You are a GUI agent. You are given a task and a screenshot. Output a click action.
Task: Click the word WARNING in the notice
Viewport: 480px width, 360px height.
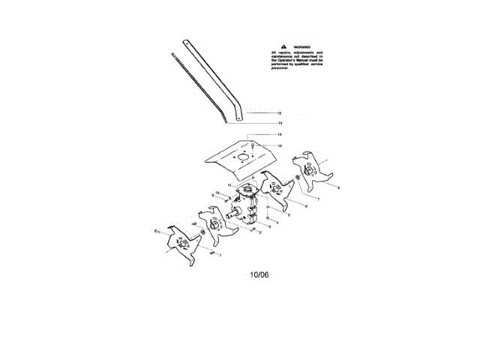pyautogui.click(x=301, y=46)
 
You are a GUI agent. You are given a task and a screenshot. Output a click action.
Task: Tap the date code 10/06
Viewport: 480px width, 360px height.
pyautogui.click(x=259, y=274)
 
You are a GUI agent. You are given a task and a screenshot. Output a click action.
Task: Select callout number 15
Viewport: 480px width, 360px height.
pyautogui.click(x=279, y=112)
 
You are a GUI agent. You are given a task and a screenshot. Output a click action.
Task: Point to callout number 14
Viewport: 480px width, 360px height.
pyautogui.click(x=279, y=122)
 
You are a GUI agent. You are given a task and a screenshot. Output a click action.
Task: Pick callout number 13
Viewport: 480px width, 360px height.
pyautogui.click(x=279, y=134)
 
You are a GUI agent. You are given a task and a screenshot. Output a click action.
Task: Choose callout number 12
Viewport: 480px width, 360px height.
pyautogui.click(x=279, y=145)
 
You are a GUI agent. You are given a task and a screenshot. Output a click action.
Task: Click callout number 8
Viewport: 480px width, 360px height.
pyautogui.click(x=338, y=187)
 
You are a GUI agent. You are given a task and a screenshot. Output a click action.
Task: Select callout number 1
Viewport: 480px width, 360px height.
pyautogui.click(x=220, y=256)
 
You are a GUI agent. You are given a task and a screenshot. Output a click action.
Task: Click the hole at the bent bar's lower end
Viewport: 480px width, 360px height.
pyautogui.click(x=238, y=116)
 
